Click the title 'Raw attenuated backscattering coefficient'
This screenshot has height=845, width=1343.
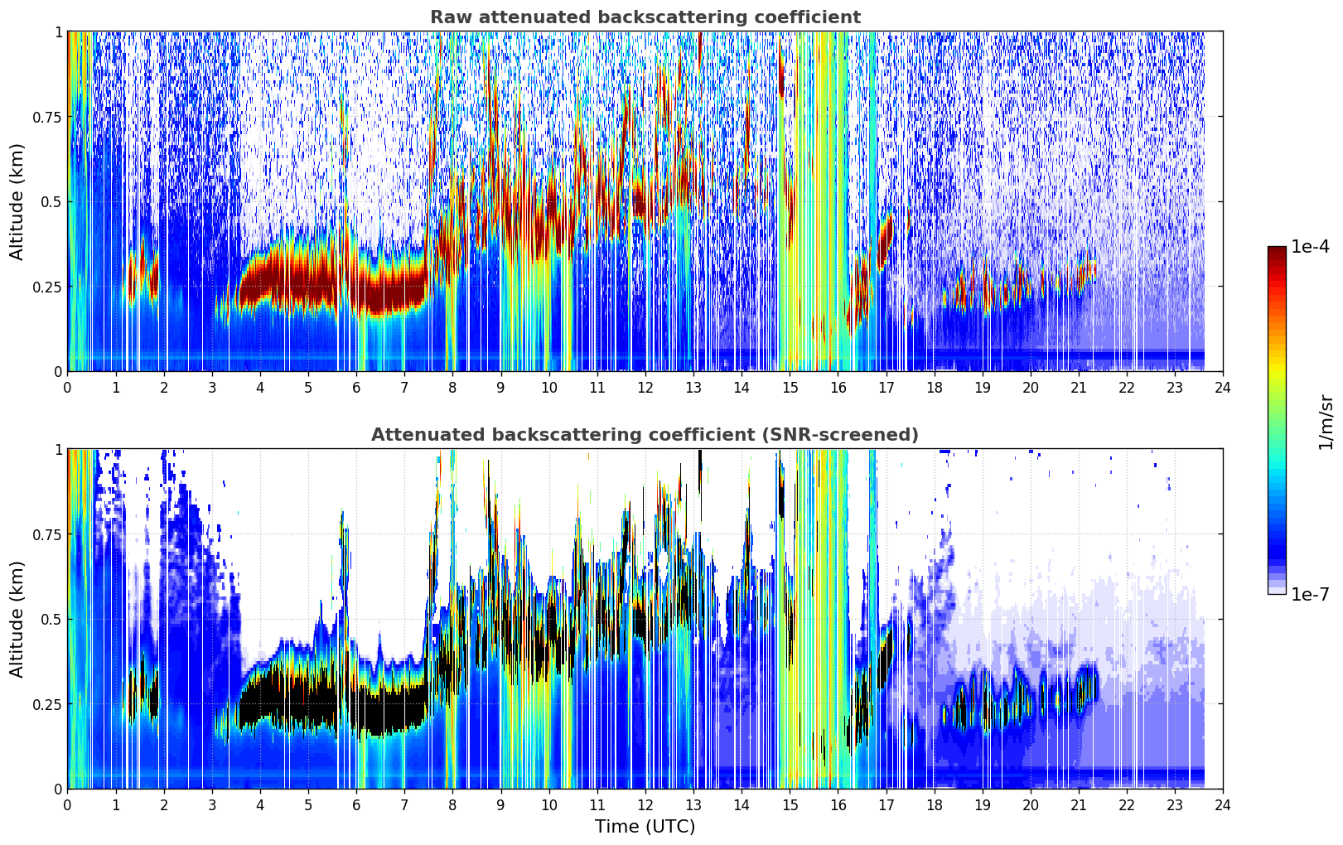[645, 17]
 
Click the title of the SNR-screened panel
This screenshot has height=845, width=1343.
[645, 434]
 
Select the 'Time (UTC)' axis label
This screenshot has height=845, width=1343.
[645, 827]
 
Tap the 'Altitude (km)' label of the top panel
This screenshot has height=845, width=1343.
[17, 202]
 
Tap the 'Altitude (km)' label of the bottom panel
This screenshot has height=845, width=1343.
[17, 620]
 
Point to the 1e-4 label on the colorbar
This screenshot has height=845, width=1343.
[1310, 246]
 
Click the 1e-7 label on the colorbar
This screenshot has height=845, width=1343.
[1310, 594]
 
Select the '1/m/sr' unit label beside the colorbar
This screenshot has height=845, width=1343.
[1326, 422]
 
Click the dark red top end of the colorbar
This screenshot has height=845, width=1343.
[1277, 249]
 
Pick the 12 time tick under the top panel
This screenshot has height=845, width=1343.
[645, 387]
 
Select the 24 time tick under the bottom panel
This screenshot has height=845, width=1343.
[1223, 805]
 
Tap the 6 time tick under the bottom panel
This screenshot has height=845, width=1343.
[356, 805]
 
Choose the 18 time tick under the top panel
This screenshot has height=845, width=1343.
[934, 387]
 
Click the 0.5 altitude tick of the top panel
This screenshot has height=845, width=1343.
[51, 202]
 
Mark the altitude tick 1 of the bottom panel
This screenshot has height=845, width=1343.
[58, 450]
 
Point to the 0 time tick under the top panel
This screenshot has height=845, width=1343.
[67, 387]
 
